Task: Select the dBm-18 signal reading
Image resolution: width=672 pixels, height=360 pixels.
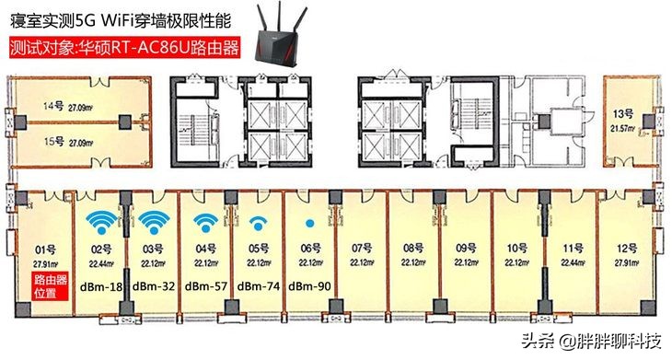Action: (101, 286)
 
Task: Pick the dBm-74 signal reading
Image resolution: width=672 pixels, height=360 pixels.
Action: (258, 286)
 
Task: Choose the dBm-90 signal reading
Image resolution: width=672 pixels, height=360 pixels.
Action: (310, 286)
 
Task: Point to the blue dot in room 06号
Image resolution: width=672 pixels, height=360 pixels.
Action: (309, 224)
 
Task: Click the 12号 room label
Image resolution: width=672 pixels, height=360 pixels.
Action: (626, 249)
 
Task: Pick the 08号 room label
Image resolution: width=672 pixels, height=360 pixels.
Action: (412, 248)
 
